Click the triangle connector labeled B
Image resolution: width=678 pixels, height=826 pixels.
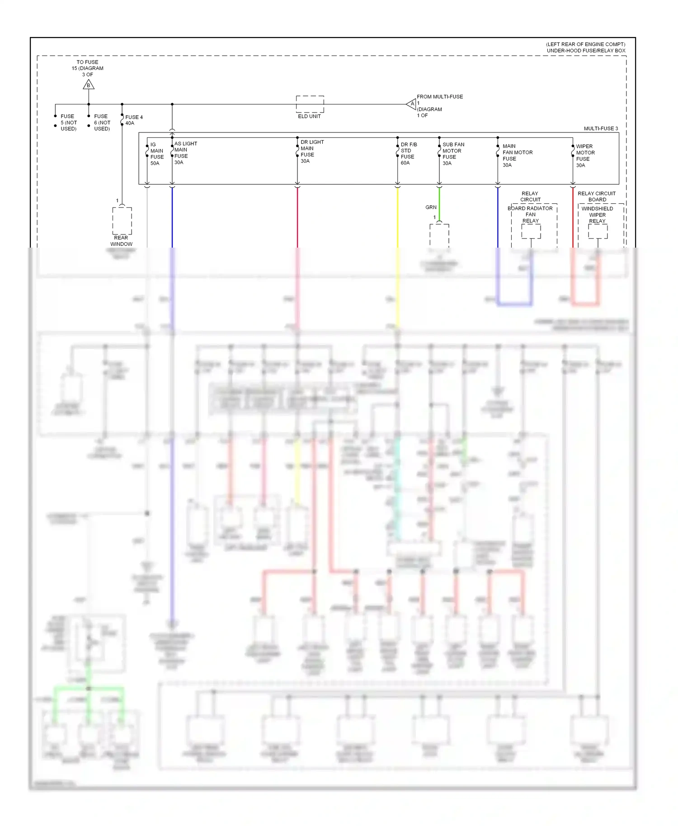pyautogui.click(x=89, y=84)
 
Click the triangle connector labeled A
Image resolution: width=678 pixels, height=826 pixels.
pyautogui.click(x=412, y=104)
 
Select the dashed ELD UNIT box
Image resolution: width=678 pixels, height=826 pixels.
pyautogui.click(x=310, y=104)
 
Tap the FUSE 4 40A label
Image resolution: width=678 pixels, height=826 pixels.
pyautogui.click(x=134, y=120)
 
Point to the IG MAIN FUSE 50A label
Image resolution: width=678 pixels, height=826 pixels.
pyautogui.click(x=157, y=154)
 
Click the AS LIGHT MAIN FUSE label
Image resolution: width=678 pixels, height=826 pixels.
pyautogui.click(x=185, y=153)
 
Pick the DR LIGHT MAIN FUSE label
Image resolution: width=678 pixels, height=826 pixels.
pyautogui.click(x=312, y=151)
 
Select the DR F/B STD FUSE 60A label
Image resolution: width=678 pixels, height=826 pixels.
pyautogui.click(x=409, y=154)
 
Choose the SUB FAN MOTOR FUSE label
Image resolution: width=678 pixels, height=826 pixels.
pyautogui.click(x=453, y=154)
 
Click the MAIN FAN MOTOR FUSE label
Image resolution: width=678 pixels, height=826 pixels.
pyautogui.click(x=517, y=155)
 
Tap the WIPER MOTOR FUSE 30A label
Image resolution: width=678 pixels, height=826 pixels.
pyautogui.click(x=585, y=156)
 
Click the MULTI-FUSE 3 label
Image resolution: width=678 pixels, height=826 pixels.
pyautogui.click(x=600, y=129)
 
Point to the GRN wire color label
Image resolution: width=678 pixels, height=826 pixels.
pyautogui.click(x=431, y=207)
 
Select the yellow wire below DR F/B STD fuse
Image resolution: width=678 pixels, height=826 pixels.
pyautogui.click(x=398, y=217)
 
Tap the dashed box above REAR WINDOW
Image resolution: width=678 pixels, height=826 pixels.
pyautogui.click(x=122, y=221)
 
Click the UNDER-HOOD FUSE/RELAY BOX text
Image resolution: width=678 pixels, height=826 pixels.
pyautogui.click(x=586, y=51)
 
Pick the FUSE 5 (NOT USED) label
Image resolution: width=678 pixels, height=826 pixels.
pyautogui.click(x=68, y=122)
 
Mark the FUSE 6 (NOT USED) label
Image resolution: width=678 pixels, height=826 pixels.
pyautogui.click(x=102, y=122)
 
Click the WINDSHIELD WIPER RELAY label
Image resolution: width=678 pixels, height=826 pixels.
pyautogui.click(x=597, y=215)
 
